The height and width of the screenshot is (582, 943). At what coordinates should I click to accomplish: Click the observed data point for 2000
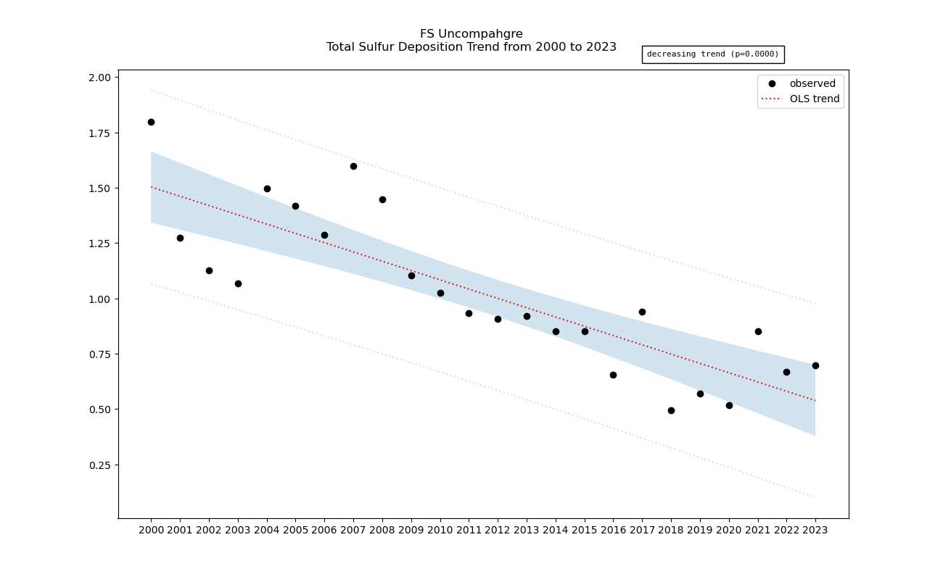point(151,122)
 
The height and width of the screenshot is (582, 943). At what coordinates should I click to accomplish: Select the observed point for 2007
point(353,166)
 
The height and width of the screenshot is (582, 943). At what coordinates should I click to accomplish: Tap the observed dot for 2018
point(671,410)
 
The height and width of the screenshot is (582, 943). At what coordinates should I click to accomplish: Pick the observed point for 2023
point(815,365)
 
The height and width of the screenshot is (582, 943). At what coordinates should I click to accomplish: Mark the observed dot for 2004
point(267,188)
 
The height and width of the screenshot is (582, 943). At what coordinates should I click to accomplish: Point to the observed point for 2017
point(642,312)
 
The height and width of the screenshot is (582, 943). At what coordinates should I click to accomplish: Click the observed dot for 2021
point(758,331)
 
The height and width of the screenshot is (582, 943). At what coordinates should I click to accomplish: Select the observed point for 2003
point(238,283)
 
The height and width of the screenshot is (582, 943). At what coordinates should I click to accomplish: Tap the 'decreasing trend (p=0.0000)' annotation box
point(712,54)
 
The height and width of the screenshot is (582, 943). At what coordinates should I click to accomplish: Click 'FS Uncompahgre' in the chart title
point(471,34)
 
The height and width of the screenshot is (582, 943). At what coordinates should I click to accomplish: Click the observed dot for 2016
point(613,375)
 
